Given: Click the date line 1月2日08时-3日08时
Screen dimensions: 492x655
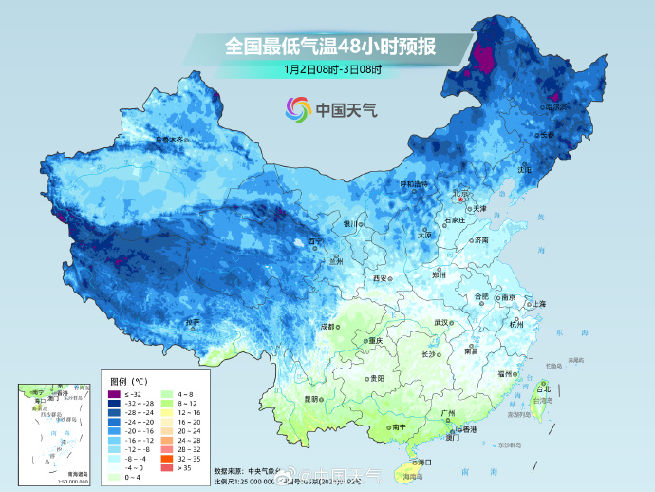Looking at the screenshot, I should tap(331, 68).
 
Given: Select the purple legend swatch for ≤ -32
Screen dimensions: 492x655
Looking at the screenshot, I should tap(115, 393).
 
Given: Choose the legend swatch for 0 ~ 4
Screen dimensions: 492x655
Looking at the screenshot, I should tap(115, 478).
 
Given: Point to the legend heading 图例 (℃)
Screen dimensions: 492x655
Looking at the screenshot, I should tap(126, 380).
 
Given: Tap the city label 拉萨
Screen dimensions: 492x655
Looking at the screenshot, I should tap(193, 322).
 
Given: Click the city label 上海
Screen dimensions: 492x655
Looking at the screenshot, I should tap(539, 304).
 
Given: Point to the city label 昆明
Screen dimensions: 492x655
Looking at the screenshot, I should tap(312, 399).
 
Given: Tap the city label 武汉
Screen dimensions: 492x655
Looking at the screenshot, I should tap(440, 323).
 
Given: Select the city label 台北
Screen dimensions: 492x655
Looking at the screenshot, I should tap(543, 389).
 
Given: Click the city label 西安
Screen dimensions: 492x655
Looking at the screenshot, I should tap(381, 278).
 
